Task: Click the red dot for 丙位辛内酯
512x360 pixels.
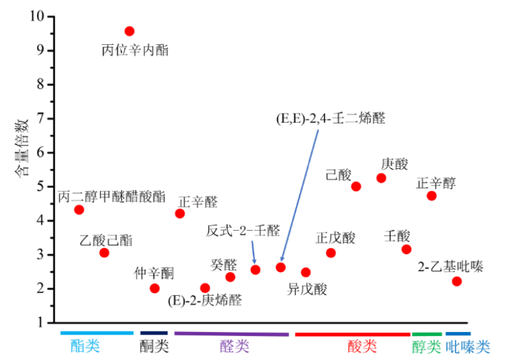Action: pos(129,31)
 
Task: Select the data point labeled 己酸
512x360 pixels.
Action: pos(355,186)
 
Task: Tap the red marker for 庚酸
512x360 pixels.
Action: pos(381,178)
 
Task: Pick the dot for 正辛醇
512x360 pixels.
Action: pos(431,196)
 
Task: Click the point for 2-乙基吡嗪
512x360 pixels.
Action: pos(457,281)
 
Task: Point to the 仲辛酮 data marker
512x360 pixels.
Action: pos(155,289)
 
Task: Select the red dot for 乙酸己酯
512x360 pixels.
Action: pos(104,253)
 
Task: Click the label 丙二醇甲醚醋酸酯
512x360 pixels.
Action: pos(112,196)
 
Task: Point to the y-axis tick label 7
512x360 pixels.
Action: pos(42,118)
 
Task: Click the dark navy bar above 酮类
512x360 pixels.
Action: pos(154,333)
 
